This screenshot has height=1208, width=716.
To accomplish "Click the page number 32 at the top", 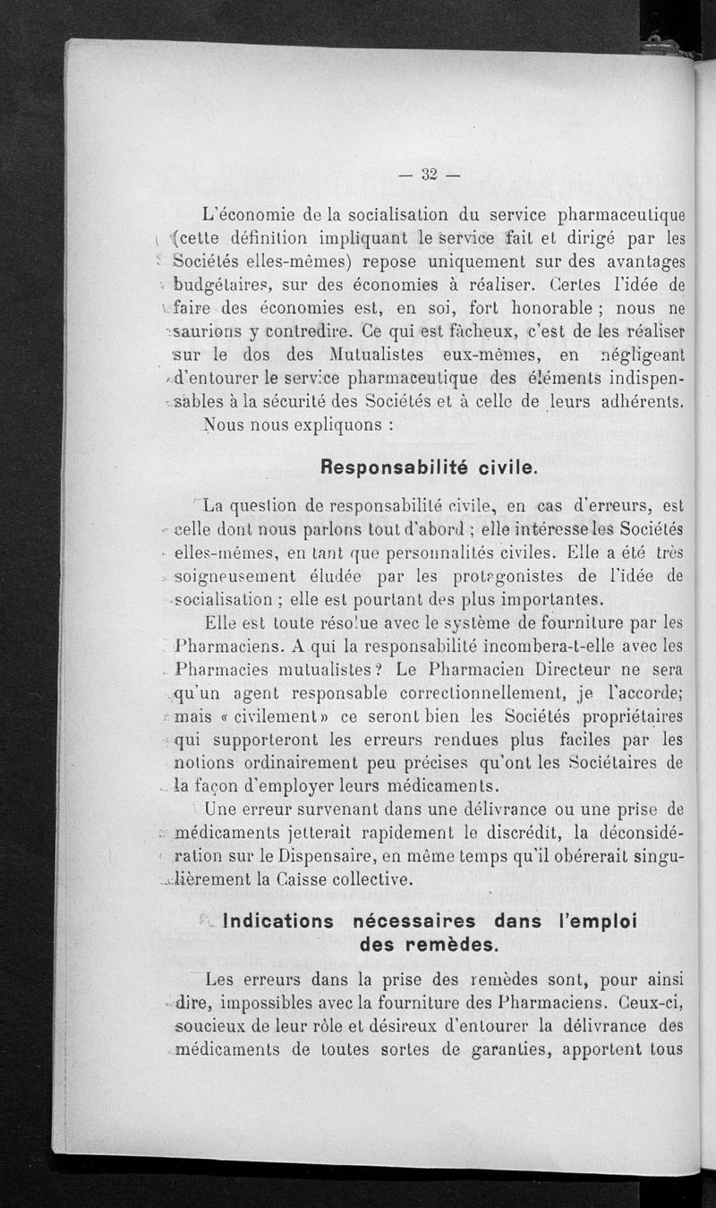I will click(x=428, y=175).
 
